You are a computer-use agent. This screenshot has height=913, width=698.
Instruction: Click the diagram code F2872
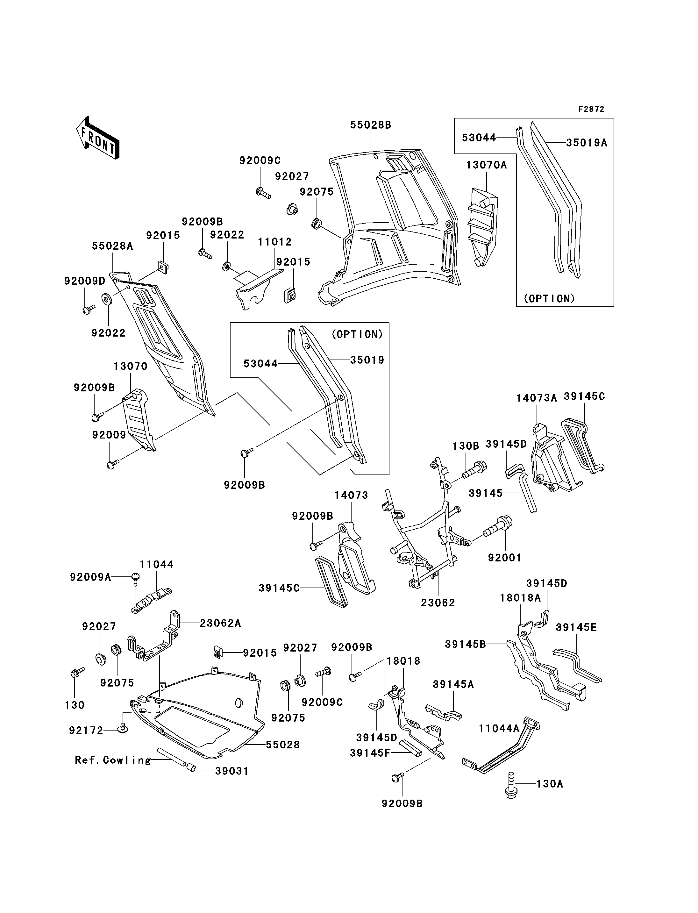tap(591, 109)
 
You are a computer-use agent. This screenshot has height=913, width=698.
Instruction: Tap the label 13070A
tap(486, 165)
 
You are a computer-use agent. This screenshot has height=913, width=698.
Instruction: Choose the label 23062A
tap(220, 623)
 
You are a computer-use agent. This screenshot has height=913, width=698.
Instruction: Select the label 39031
tap(232, 771)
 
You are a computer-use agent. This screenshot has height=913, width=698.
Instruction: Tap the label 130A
tap(550, 784)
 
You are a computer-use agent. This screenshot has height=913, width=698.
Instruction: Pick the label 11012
tap(274, 242)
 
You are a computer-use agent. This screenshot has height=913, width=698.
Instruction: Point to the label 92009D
tap(85, 281)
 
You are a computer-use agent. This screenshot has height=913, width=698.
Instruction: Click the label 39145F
tap(370, 753)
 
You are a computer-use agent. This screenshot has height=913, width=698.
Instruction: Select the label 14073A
tap(536, 398)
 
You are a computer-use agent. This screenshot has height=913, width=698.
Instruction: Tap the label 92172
tap(86, 731)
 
